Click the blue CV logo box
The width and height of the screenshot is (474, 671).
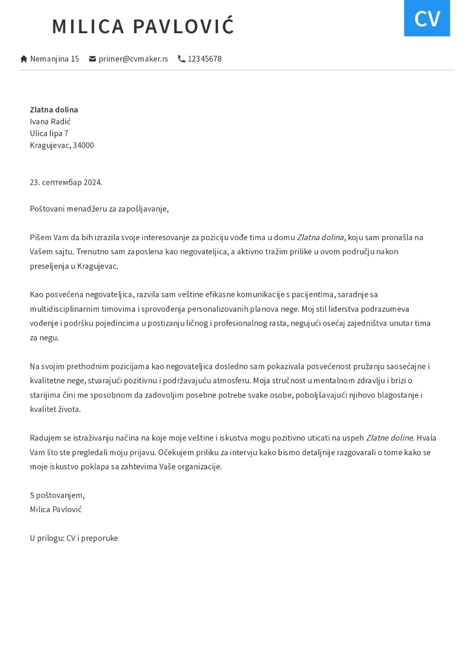[x=427, y=18]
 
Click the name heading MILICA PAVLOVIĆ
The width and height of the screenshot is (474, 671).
[x=143, y=27]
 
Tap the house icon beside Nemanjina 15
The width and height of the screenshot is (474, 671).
[x=24, y=59]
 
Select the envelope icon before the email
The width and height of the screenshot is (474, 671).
[x=92, y=59]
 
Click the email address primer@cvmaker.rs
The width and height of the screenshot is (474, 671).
[x=133, y=59]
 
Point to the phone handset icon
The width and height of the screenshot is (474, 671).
[x=181, y=59]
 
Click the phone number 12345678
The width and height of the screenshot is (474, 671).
[x=204, y=59]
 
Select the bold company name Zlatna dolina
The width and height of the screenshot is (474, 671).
[x=54, y=110]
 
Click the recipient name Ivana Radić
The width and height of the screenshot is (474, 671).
[x=50, y=122]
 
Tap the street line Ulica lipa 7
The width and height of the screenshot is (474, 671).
[x=49, y=133]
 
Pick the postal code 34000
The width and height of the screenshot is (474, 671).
[x=83, y=145]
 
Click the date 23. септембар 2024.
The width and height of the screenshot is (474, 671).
[x=66, y=182]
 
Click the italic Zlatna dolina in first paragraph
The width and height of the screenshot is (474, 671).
[x=320, y=237]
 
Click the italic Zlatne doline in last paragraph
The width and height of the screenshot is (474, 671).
[x=389, y=437]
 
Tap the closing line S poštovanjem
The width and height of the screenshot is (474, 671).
[x=57, y=495]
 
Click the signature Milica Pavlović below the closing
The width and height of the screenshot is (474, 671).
[x=56, y=509]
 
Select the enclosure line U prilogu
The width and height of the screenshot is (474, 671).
[x=73, y=538]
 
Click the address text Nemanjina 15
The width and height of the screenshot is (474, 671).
[x=55, y=59]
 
